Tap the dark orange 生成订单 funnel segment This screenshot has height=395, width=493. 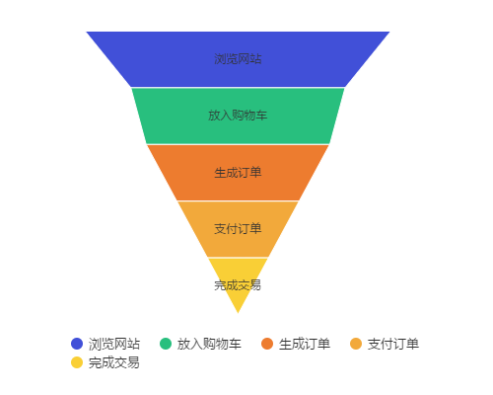(238, 188)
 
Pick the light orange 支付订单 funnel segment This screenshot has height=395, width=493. (238, 244)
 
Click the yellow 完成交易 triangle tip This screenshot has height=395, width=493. (238, 313)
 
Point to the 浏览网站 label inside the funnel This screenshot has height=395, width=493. (238, 59)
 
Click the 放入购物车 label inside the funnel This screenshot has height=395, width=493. (238, 116)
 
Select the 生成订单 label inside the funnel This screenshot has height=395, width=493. (238, 173)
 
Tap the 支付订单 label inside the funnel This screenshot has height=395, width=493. (238, 229)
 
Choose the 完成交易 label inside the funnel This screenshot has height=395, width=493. (238, 285)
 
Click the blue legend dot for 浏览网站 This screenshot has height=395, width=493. (77, 344)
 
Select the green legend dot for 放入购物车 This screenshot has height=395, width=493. (166, 344)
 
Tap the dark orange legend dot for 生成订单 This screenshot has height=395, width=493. (267, 344)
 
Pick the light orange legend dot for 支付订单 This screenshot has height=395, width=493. (356, 344)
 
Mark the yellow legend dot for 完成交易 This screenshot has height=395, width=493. (77, 362)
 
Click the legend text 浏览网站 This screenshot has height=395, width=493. (114, 344)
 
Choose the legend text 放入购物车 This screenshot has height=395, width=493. (209, 344)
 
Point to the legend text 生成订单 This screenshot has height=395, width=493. (305, 344)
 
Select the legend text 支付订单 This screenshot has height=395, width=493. (393, 344)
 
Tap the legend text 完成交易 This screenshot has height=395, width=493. (114, 362)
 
